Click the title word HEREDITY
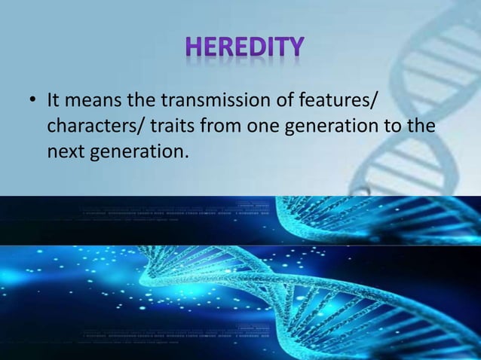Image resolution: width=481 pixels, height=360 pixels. [246, 47]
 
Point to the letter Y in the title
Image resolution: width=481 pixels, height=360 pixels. [295, 47]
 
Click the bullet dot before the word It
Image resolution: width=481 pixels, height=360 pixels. [32, 101]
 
